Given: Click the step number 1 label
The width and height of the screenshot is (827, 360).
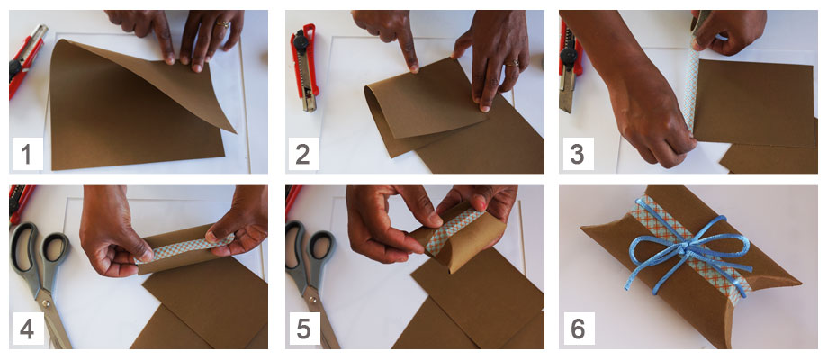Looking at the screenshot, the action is coord(27,154).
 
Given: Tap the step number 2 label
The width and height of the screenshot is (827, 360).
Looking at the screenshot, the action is coord(302,154).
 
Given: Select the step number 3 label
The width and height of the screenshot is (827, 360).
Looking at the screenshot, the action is coord(578,154).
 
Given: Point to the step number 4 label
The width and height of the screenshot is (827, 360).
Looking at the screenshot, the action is coord(27,328).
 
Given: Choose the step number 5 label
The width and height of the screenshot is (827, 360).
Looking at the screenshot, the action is coord(302,328).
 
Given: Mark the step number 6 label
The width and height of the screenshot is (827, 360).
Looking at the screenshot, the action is coord(578,328).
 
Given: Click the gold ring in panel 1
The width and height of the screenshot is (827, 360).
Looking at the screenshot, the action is coord(224,23).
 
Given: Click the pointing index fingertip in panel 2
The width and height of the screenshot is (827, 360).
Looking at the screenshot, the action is coord(414,67).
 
